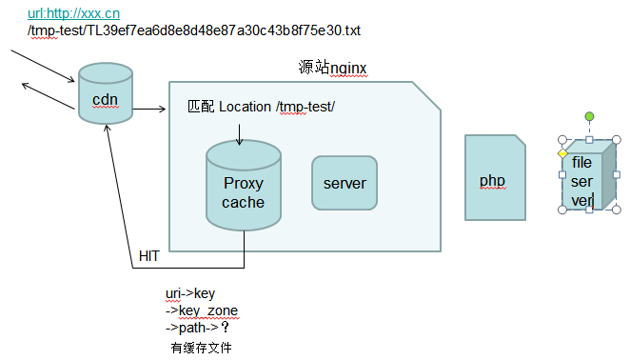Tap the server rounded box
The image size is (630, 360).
(x=344, y=183)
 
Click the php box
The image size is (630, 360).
(x=494, y=179)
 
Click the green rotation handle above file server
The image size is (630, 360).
(x=589, y=116)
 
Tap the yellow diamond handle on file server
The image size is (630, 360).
(x=562, y=153)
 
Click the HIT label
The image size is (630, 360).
(x=149, y=255)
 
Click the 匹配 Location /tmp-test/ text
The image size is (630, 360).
(x=261, y=107)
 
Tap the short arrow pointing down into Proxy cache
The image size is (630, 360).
(x=239, y=132)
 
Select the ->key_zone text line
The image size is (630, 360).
(x=202, y=311)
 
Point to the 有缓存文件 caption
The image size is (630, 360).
(x=201, y=348)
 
